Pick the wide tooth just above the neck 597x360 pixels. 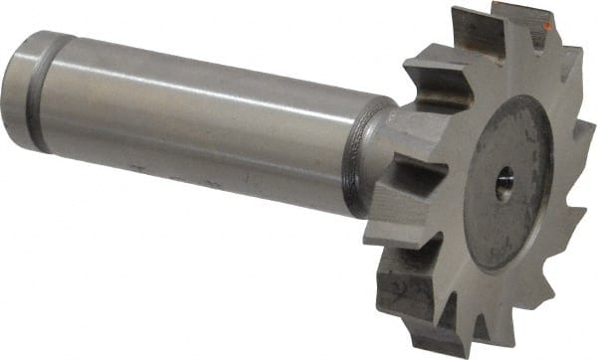(x=428, y=75)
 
